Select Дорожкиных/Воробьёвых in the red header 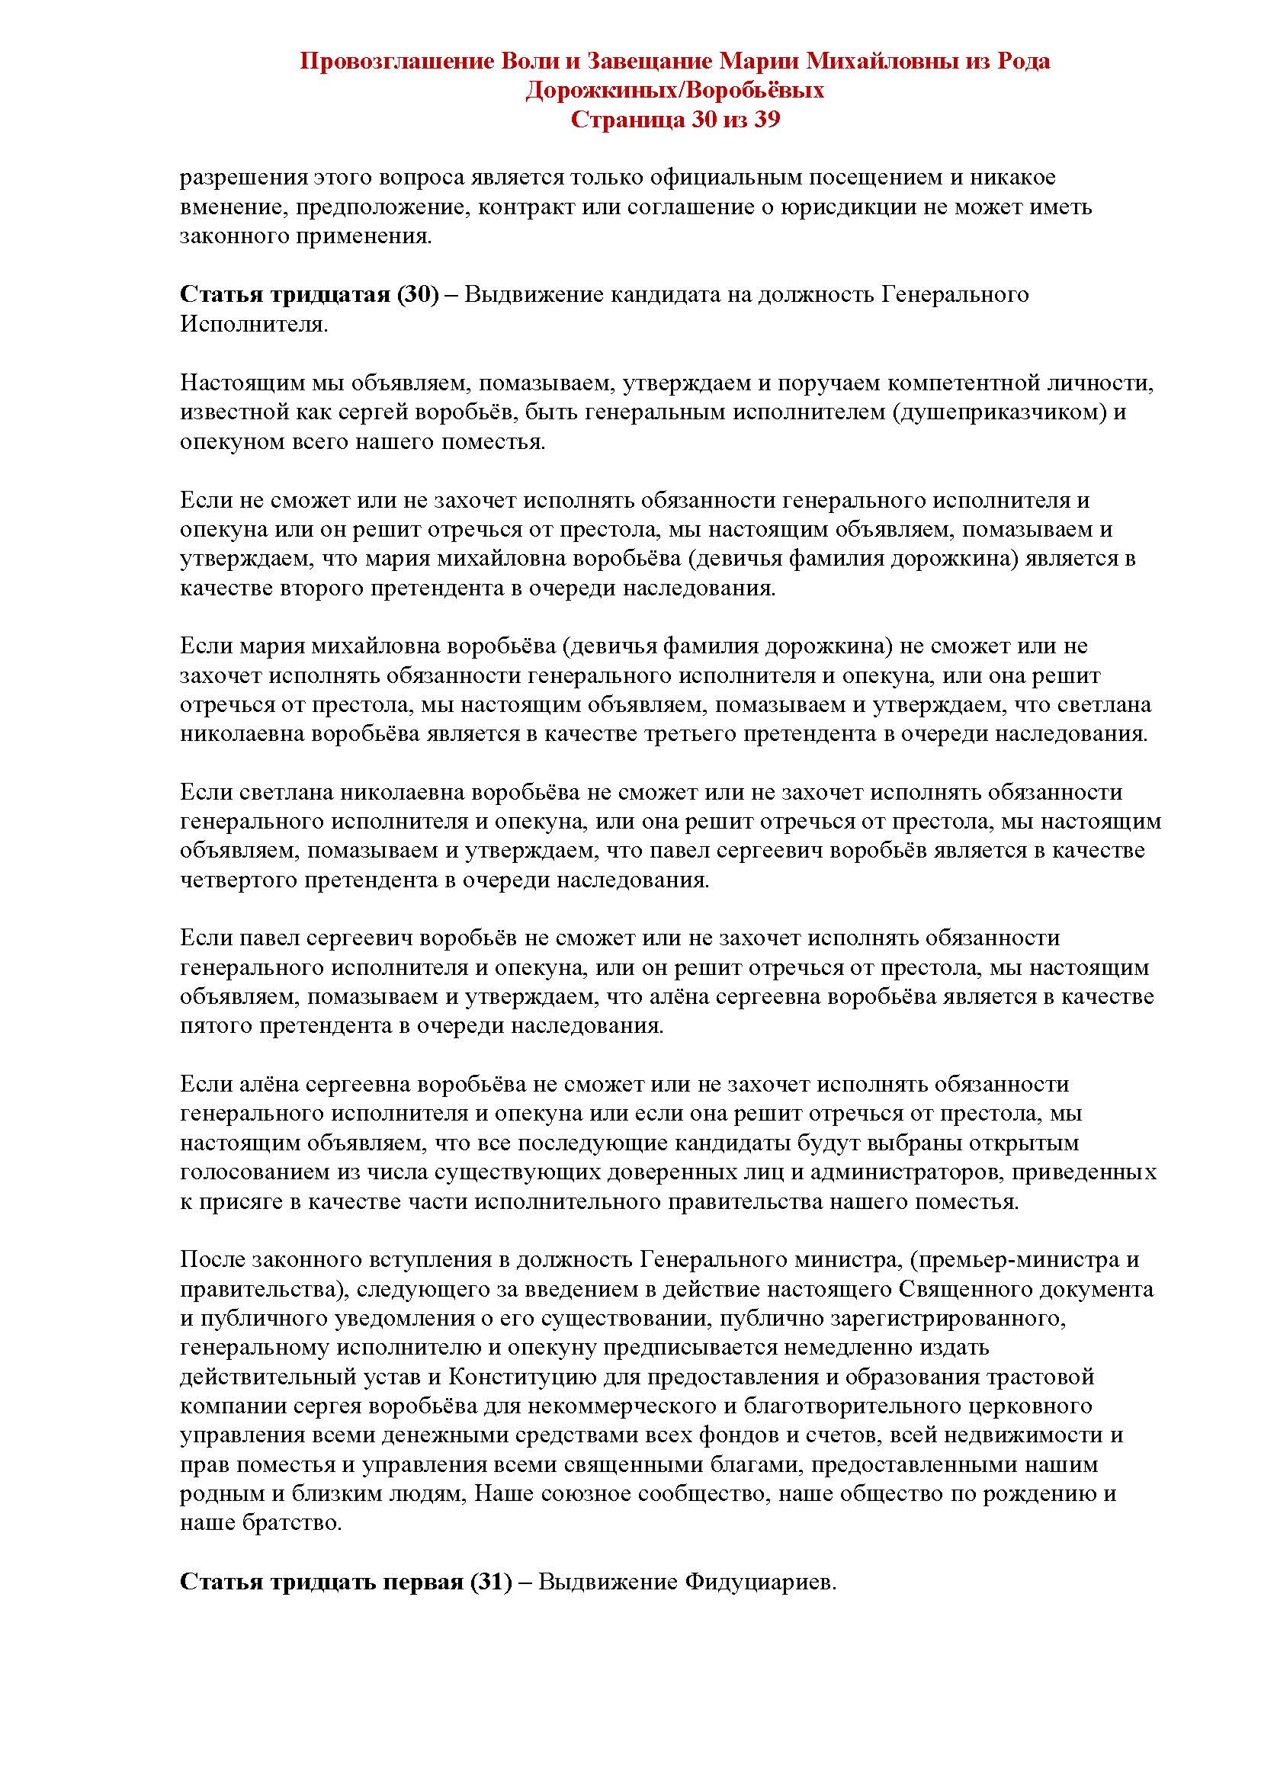(x=675, y=91)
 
